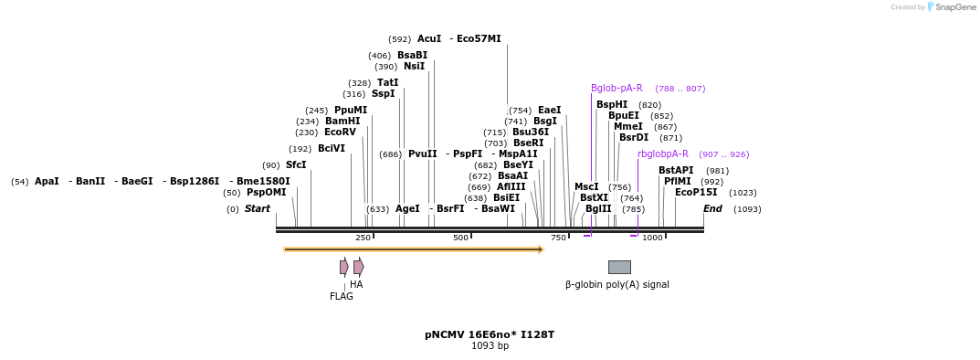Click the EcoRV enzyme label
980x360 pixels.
pyautogui.click(x=340, y=132)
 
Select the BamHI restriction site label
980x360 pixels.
pyautogui.click(x=342, y=122)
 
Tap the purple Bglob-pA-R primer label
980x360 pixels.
pyautogui.click(x=616, y=89)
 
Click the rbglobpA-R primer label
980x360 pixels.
pyautogui.click(x=663, y=154)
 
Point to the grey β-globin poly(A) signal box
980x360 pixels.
pyautogui.click(x=619, y=267)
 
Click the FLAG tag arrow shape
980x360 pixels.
pyautogui.click(x=343, y=267)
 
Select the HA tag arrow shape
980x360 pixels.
pyautogui.click(x=359, y=267)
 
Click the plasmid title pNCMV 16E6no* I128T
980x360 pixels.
pyautogui.click(x=490, y=335)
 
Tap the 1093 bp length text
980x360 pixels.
pyautogui.click(x=490, y=346)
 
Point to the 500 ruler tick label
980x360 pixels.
pyautogui.click(x=461, y=238)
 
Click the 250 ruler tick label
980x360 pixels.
pyautogui.click(x=363, y=238)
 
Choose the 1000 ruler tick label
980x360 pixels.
pyautogui.click(x=652, y=238)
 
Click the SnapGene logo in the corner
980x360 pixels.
pyautogui.click(x=951, y=7)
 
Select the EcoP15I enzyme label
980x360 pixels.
pyautogui.click(x=696, y=193)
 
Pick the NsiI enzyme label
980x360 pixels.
pyautogui.click(x=414, y=67)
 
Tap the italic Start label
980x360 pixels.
pyautogui.click(x=258, y=209)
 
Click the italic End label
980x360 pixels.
pyautogui.click(x=712, y=209)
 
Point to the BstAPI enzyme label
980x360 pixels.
pyautogui.click(x=676, y=171)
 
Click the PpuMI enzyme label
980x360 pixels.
pyautogui.click(x=351, y=111)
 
